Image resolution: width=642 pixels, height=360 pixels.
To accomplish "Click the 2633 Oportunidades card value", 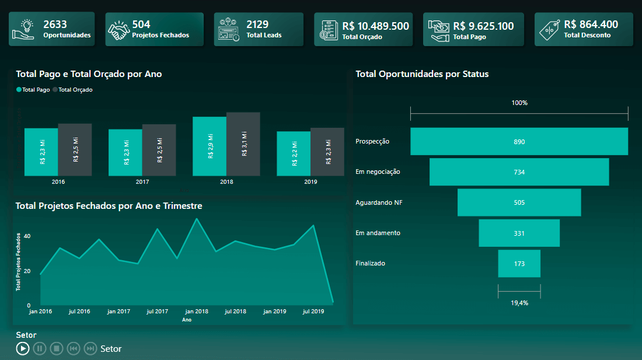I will click(x=55, y=25).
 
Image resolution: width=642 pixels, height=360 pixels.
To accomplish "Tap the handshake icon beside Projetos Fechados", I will click(x=119, y=30).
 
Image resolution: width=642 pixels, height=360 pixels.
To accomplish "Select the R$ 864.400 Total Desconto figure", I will click(x=591, y=25).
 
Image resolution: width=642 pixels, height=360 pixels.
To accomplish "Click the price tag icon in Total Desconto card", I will click(x=549, y=30).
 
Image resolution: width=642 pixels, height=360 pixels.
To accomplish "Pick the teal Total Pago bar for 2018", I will click(x=210, y=146).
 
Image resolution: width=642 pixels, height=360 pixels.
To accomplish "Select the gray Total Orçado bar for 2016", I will click(x=75, y=149).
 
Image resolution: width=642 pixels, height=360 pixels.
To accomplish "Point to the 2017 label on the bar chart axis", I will click(x=142, y=182).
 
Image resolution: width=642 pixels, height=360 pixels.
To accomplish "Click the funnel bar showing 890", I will click(x=519, y=142).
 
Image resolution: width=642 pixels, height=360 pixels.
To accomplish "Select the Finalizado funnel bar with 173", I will click(x=519, y=264).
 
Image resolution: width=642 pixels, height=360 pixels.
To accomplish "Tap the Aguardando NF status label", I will click(x=379, y=202).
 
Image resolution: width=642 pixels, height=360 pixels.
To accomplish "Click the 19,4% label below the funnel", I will click(x=519, y=303).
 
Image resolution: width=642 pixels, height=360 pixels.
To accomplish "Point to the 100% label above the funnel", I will click(x=519, y=103).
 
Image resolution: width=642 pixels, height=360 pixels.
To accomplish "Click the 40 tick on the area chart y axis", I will click(x=27, y=236).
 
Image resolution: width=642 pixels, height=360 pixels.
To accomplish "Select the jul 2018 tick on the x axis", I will click(x=235, y=312).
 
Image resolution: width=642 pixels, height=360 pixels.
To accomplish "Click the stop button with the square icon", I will click(x=56, y=349).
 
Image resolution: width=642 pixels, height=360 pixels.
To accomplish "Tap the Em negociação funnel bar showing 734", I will click(x=519, y=172).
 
